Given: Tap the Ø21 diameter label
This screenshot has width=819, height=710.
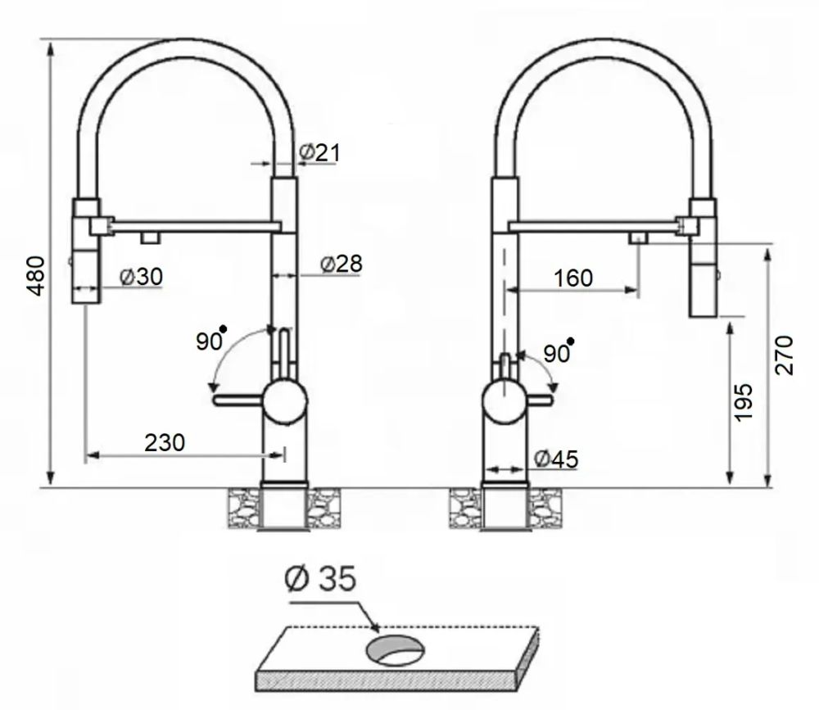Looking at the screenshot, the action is click(319, 152).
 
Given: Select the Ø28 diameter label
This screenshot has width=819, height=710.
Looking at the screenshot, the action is click(341, 264).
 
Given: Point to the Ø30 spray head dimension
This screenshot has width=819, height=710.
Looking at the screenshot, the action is click(141, 276).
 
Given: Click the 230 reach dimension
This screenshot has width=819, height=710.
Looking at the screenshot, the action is click(165, 442).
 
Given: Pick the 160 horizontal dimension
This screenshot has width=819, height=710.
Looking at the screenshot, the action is click(573, 278).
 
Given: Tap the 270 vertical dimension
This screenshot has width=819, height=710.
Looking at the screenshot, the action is click(784, 355).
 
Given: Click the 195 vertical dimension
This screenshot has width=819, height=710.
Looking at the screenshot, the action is click(743, 402).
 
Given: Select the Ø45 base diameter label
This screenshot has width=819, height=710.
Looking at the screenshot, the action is click(557, 459).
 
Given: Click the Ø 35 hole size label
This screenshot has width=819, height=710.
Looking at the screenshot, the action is click(321, 579).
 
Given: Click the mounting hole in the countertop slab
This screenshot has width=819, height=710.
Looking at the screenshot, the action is click(395, 650).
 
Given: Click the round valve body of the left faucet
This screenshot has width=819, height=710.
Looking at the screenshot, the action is click(285, 401).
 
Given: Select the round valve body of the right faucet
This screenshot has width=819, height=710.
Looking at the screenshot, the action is click(504, 401).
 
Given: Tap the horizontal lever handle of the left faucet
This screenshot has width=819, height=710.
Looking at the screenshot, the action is click(238, 400).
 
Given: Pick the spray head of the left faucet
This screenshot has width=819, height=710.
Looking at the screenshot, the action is click(86, 251).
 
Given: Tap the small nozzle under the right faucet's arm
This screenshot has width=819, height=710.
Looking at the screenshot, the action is click(638, 238).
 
